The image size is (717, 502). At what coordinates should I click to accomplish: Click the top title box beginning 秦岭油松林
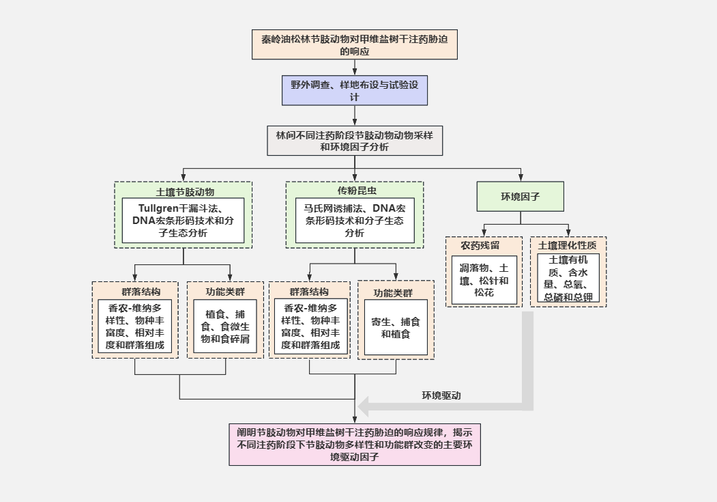pyautogui.click(x=354, y=44)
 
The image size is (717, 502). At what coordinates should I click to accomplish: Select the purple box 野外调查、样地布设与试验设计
pyautogui.click(x=354, y=90)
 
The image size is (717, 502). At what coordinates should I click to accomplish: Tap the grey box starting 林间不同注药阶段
pyautogui.click(x=354, y=141)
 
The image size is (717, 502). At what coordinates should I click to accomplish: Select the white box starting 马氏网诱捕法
pyautogui.click(x=354, y=221)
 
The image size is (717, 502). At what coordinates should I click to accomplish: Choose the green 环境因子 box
pyautogui.click(x=520, y=197)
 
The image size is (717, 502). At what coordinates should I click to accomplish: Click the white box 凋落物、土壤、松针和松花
pyautogui.click(x=483, y=280)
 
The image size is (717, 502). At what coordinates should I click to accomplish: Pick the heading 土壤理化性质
pyautogui.click(x=568, y=245)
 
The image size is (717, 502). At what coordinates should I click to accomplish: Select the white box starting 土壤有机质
pyautogui.click(x=568, y=278)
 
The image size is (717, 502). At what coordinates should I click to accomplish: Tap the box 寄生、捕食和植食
pyautogui.click(x=396, y=327)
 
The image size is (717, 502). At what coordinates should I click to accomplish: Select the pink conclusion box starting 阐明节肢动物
pyautogui.click(x=354, y=444)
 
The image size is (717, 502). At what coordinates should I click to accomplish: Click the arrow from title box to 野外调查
pyautogui.click(x=354, y=66)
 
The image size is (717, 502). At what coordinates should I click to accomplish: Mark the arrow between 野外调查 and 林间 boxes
pyautogui.click(x=354, y=115)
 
